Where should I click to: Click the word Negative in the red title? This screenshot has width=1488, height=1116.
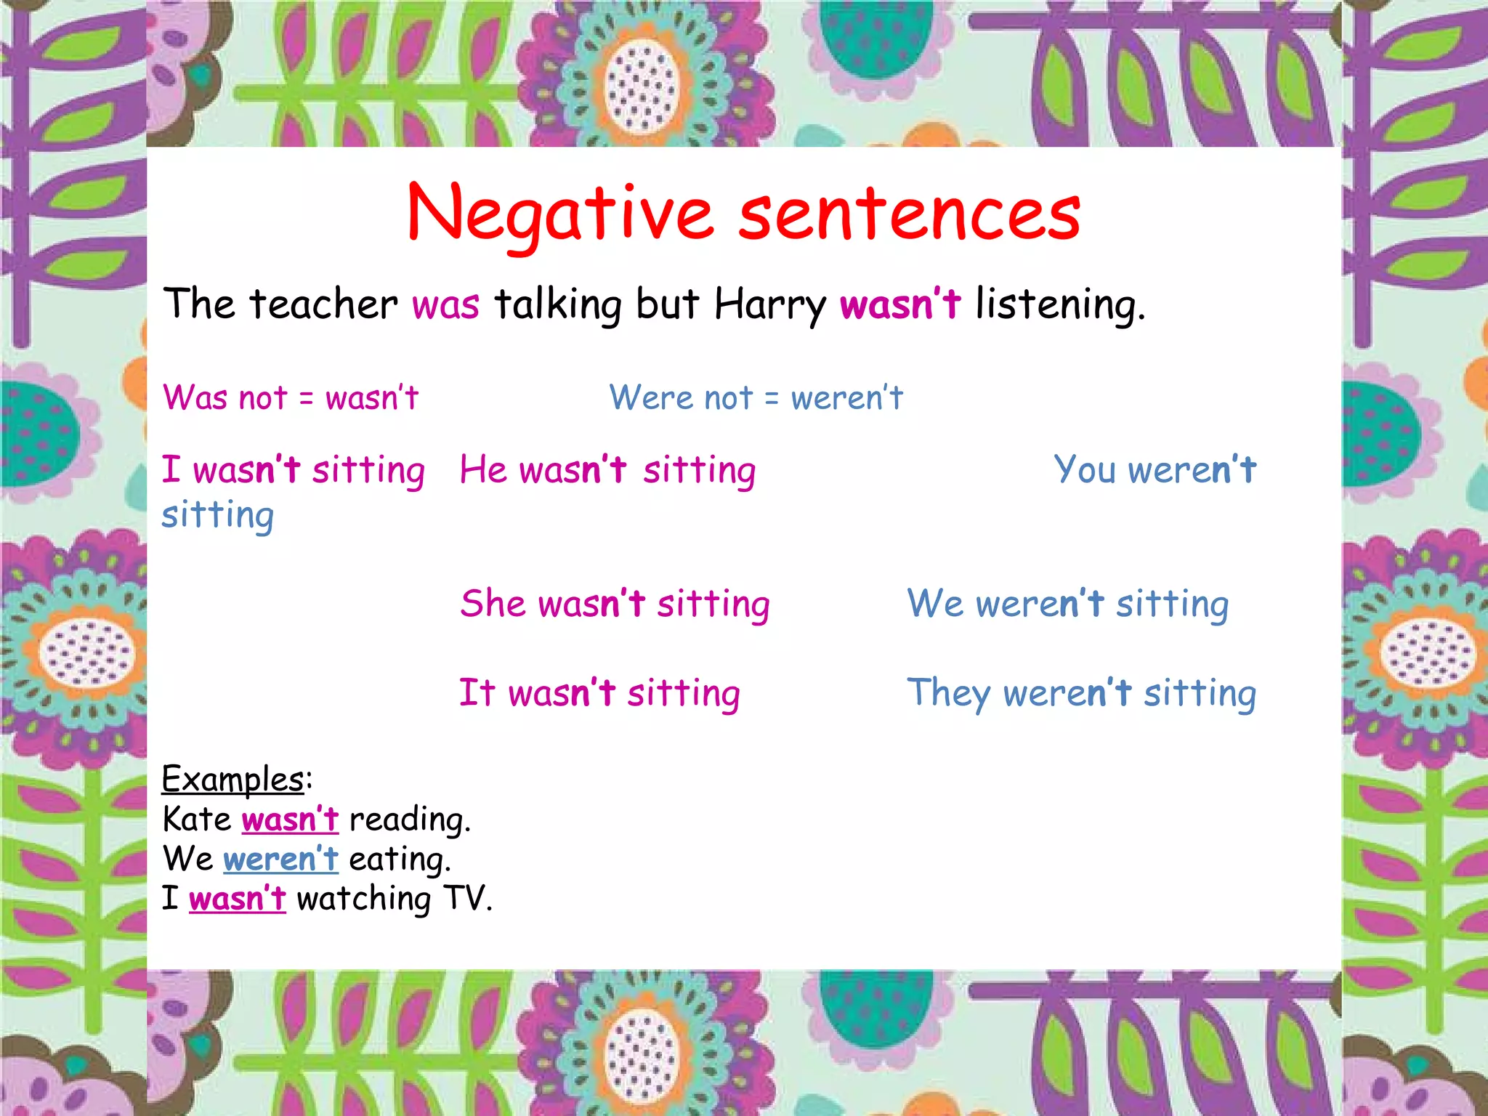click(560, 214)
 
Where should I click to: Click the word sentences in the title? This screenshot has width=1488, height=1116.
click(910, 214)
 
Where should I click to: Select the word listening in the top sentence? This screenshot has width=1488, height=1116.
click(1059, 304)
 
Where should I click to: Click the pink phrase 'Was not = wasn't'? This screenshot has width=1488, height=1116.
click(291, 398)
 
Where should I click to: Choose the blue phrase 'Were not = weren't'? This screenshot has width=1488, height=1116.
click(756, 398)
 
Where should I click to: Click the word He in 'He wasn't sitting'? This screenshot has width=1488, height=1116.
click(483, 469)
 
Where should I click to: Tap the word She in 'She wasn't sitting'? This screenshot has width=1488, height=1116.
click(493, 604)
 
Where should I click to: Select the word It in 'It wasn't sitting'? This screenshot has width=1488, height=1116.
click(477, 692)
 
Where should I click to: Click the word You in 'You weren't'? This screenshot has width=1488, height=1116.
click(1085, 469)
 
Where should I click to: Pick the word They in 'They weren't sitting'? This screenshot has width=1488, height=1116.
click(947, 692)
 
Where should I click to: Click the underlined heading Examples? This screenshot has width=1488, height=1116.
click(232, 780)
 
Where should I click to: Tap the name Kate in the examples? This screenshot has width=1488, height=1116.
click(196, 820)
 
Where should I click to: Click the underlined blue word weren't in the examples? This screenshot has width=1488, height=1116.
click(280, 860)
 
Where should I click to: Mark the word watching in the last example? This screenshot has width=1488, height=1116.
click(363, 899)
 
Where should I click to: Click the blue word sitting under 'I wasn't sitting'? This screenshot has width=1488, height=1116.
click(217, 516)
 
